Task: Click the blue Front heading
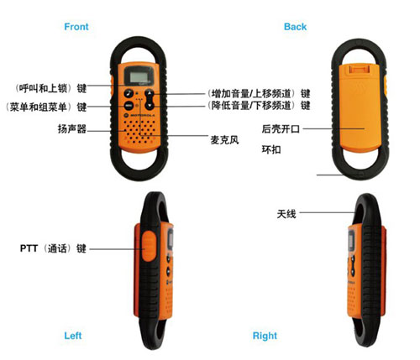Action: click(76, 27)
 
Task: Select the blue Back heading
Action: click(295, 27)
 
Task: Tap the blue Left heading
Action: click(73, 336)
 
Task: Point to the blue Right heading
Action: click(265, 336)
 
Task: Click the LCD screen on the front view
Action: click(139, 76)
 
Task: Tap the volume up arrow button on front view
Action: click(150, 93)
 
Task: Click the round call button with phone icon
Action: click(129, 93)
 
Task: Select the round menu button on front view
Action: click(129, 106)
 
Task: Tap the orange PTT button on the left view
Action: click(149, 246)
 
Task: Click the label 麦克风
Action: click(224, 140)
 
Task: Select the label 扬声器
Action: click(72, 129)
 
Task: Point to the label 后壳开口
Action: click(281, 129)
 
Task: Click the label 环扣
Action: click(271, 149)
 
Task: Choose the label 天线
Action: click(286, 214)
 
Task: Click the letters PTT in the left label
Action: click(29, 248)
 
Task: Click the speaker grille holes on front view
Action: click(139, 132)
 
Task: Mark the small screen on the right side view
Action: click(351, 240)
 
